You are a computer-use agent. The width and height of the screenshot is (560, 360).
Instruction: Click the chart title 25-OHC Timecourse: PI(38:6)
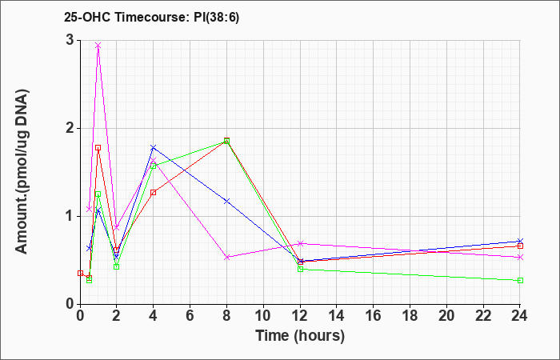[x=151, y=17]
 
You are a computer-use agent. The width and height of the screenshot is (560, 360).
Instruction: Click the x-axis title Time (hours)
[x=300, y=336]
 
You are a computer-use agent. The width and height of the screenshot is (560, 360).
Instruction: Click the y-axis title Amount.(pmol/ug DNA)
[x=22, y=172]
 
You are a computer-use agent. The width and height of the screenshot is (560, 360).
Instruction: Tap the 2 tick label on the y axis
[x=70, y=128]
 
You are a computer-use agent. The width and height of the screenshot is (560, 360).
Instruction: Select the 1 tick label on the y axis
[x=70, y=216]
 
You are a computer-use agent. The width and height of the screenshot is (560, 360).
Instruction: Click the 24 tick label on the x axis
[x=520, y=316]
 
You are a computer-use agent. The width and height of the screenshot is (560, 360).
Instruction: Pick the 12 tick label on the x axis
[x=300, y=316]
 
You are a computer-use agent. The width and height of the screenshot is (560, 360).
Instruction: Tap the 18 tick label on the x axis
[x=410, y=316]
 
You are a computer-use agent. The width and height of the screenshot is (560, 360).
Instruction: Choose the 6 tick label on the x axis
[x=190, y=316]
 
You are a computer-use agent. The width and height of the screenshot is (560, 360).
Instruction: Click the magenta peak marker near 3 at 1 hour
[x=98, y=46]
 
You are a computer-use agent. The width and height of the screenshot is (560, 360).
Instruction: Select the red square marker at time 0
[x=80, y=274]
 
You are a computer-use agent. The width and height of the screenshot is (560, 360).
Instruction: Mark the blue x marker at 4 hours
[x=154, y=147]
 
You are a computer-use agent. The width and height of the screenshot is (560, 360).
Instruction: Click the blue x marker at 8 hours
[x=226, y=202]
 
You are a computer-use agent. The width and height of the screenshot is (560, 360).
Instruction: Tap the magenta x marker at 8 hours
[x=226, y=257]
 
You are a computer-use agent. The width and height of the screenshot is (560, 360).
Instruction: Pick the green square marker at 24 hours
[x=520, y=280]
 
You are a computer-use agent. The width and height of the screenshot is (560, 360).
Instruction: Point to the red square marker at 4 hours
[x=154, y=193]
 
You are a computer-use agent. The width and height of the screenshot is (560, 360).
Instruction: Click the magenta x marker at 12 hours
[x=300, y=243]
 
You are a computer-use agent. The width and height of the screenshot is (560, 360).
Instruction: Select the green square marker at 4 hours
[x=154, y=166]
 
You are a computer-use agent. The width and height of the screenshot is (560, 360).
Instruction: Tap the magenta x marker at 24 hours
[x=520, y=257]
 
